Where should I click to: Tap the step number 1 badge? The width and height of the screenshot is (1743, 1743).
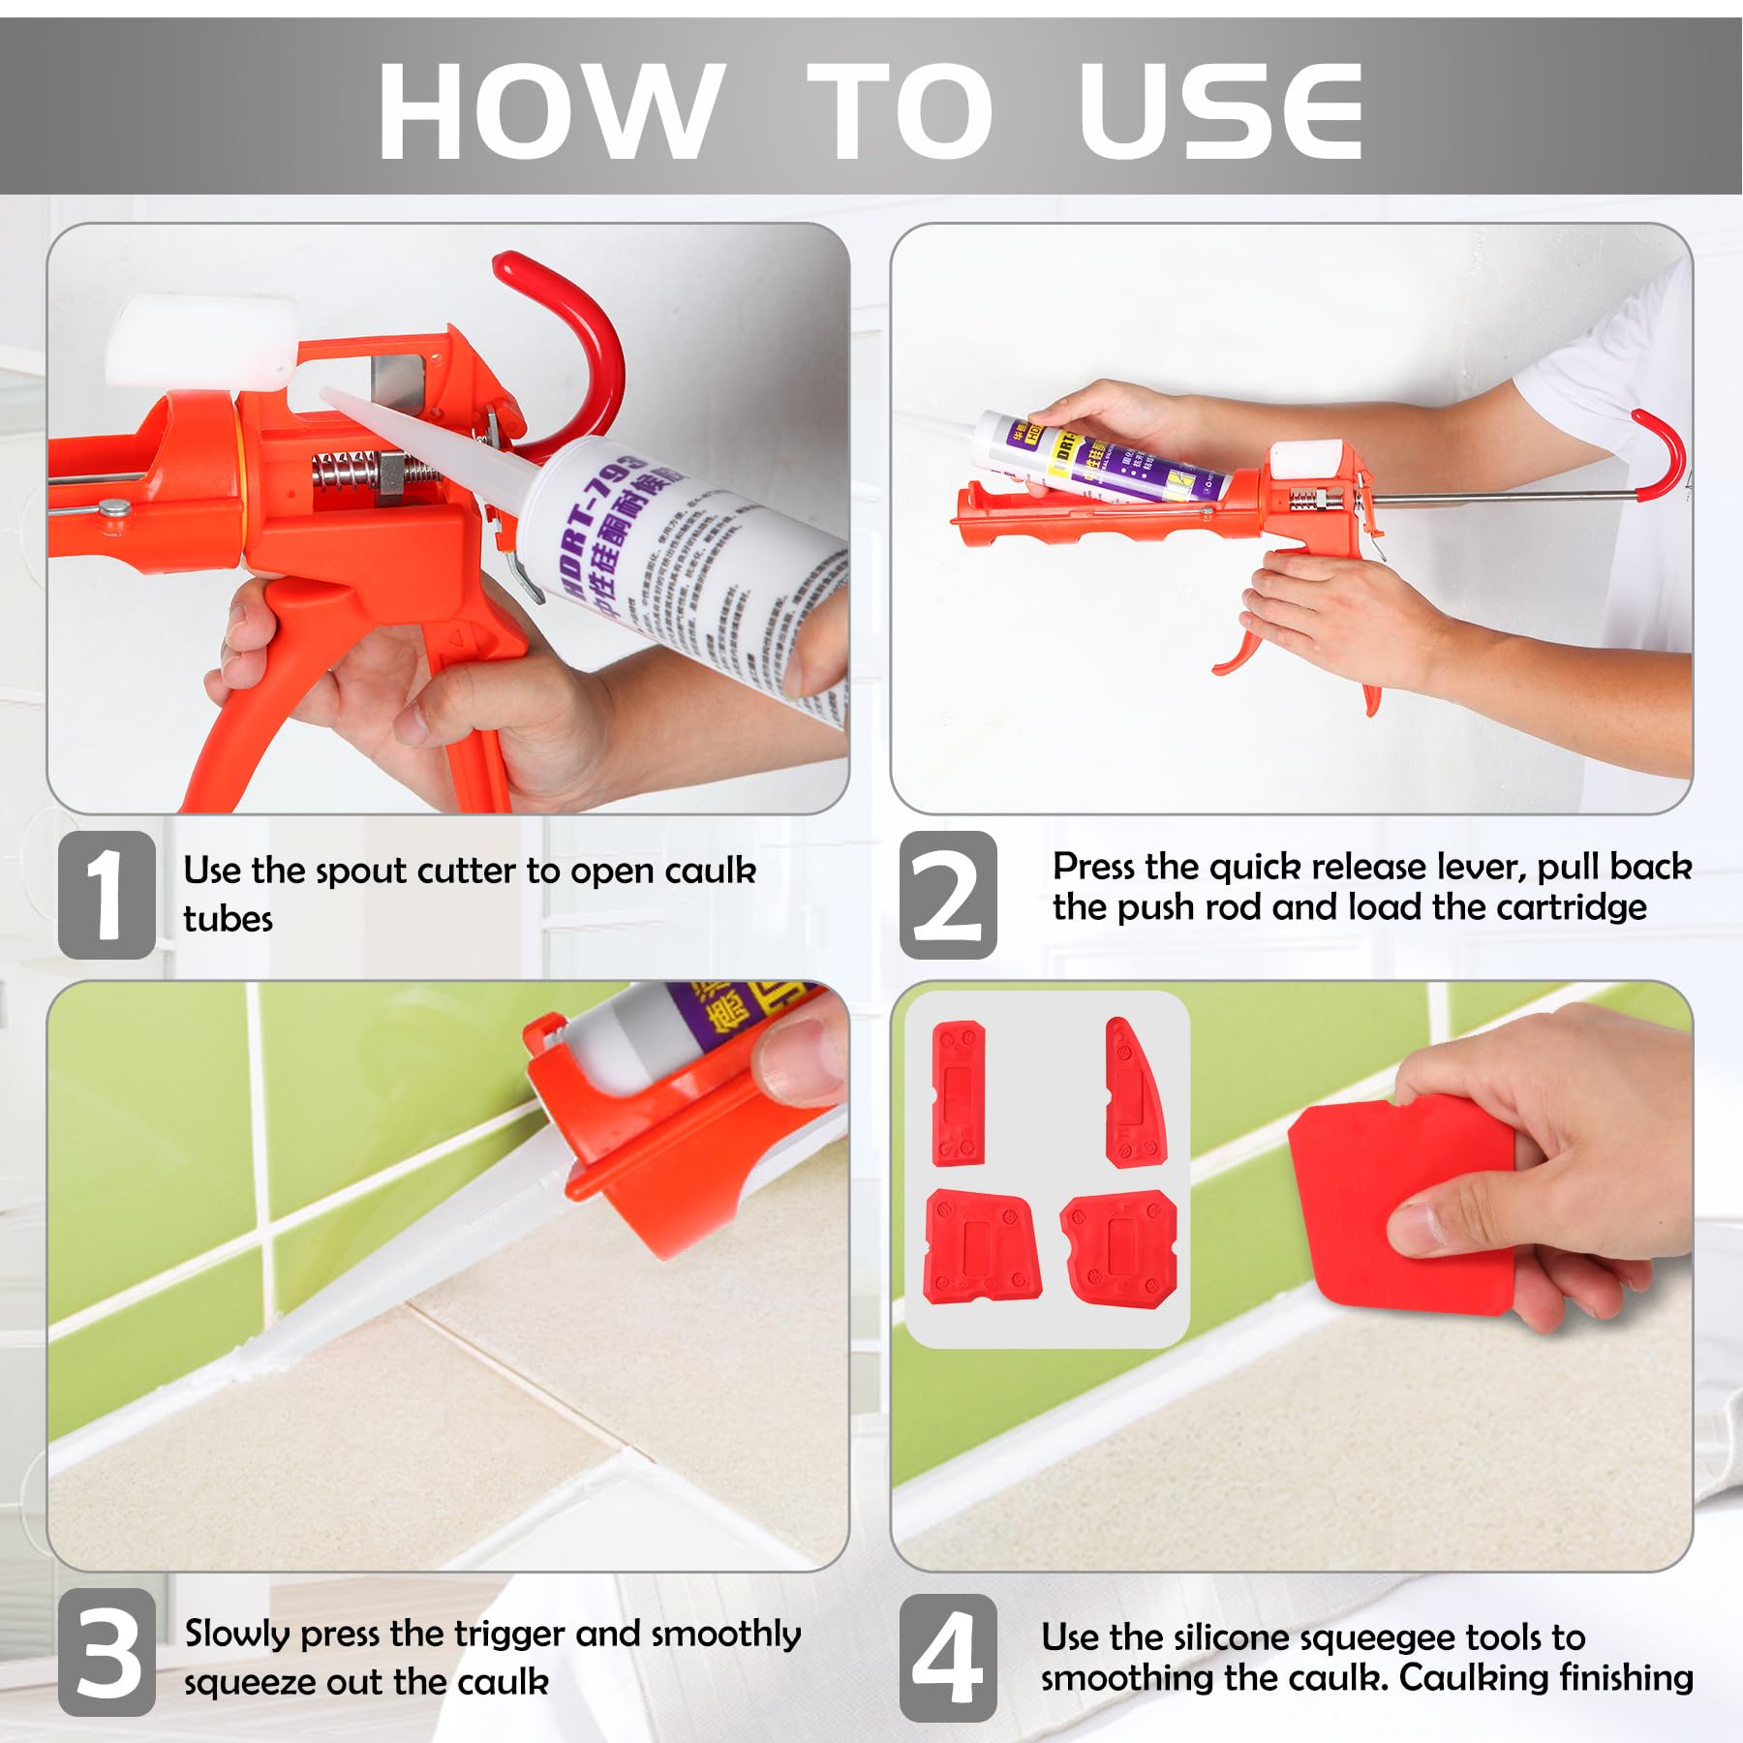107,894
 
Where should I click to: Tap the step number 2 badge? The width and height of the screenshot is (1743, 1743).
948,894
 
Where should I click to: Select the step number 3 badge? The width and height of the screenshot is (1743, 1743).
107,1654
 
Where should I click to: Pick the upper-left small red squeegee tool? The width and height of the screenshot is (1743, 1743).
958,1093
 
